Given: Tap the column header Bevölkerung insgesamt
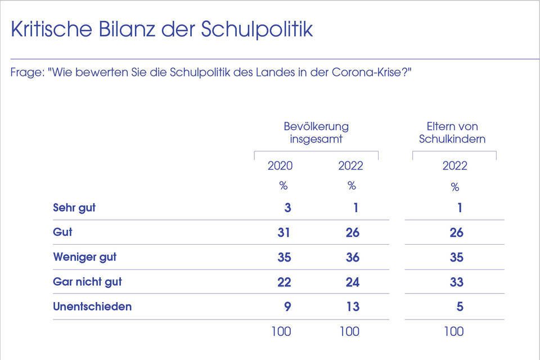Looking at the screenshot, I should coord(316,132).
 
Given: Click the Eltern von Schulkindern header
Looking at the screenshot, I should coord(452,132).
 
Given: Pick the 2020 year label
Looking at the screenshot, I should coord(280,166).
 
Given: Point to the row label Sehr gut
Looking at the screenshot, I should coord(74,208).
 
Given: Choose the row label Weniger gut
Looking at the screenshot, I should coord(84,257).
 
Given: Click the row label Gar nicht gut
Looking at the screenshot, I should coord(87,282).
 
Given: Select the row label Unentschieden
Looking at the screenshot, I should coord(92,307).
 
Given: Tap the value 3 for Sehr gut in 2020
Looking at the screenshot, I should coord(287,208).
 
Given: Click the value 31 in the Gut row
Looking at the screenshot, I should coord(283,232).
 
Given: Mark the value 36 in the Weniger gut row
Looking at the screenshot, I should coord(352,257).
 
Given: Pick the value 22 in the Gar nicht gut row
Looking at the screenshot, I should coord(283,282).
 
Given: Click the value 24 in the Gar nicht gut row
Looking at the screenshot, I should coord(352,282).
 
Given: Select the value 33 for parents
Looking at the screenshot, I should coord(456,282).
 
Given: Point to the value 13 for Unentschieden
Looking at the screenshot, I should coord(352,307).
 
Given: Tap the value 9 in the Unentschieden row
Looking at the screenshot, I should coord(287,307).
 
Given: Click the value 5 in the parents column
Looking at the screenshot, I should coord(460,307).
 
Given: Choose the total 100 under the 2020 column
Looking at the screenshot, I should coord(281,331).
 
